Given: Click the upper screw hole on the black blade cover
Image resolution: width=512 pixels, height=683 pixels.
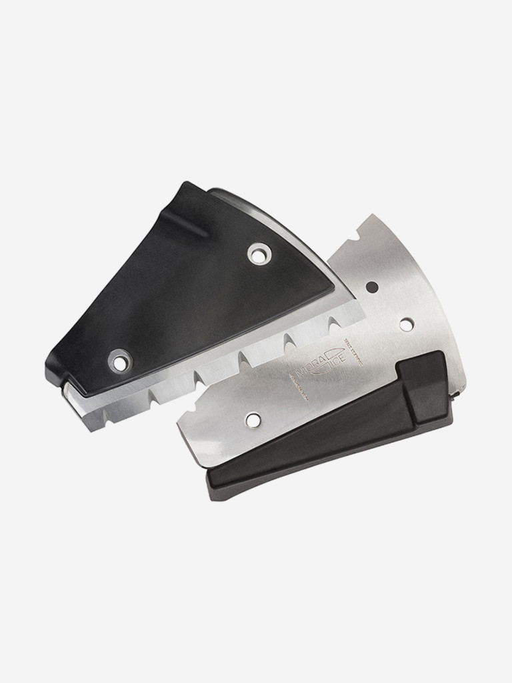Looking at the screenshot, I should (259, 253).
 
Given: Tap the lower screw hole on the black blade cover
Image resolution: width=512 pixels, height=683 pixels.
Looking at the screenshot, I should (120, 362).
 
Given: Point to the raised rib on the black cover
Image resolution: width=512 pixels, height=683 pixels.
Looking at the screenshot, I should (193, 227).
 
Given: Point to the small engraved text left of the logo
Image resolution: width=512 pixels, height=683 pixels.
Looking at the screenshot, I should (298, 388).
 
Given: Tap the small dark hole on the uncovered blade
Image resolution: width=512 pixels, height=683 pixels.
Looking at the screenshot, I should (372, 287).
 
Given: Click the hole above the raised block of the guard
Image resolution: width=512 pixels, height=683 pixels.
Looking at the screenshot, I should (406, 324).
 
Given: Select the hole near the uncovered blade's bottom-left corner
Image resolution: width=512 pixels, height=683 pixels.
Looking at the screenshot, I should (253, 420).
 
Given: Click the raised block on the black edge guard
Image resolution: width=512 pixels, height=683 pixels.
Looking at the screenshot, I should (425, 387).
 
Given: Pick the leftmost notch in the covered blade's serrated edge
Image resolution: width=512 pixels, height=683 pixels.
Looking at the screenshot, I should (153, 398).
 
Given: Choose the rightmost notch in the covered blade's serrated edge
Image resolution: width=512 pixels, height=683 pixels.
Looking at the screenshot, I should (329, 327).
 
